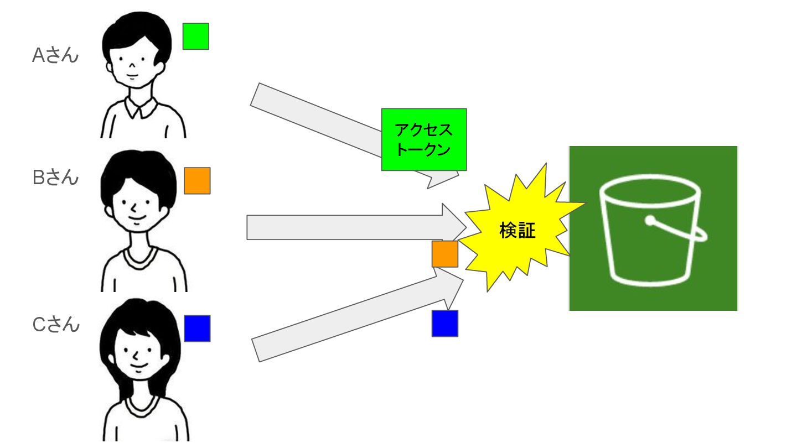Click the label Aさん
point(55,55)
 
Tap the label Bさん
point(55,178)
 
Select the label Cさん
point(56,325)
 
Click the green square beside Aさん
point(196,36)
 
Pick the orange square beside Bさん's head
point(197,181)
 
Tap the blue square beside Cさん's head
point(197,328)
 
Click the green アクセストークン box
point(424,139)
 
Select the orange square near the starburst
point(445,254)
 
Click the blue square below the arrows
point(445,324)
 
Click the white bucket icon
point(650,232)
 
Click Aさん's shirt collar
point(141,108)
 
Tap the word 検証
point(517,231)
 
